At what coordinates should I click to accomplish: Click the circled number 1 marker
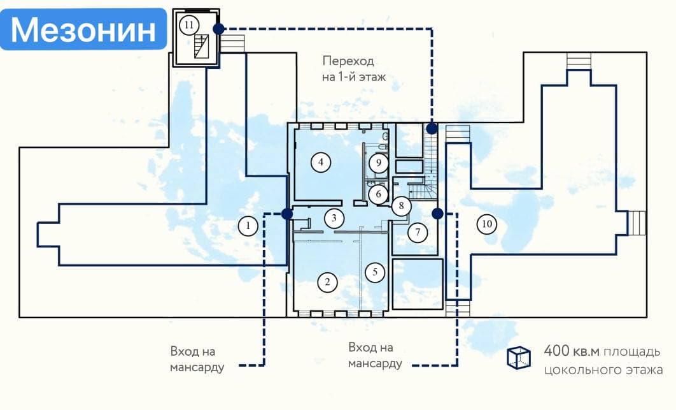click(x=248, y=225)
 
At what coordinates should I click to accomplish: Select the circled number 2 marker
click(x=327, y=282)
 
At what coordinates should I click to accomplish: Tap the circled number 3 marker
click(x=334, y=219)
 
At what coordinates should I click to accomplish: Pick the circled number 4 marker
click(x=321, y=163)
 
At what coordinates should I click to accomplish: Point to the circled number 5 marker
click(x=375, y=272)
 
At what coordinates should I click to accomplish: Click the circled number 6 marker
click(x=378, y=193)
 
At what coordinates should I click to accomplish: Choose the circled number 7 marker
click(x=418, y=232)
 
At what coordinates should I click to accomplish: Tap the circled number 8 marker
click(x=401, y=205)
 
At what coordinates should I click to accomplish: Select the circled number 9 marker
click(x=379, y=163)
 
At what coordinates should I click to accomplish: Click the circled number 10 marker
click(x=487, y=224)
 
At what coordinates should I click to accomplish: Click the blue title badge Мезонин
click(x=83, y=29)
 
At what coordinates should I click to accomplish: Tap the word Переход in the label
click(x=349, y=62)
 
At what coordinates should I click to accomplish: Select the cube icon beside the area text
click(x=519, y=358)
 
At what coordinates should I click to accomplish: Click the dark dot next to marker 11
click(x=218, y=29)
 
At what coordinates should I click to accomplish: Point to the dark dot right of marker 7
click(x=437, y=214)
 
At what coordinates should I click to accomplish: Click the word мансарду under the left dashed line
click(x=197, y=368)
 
